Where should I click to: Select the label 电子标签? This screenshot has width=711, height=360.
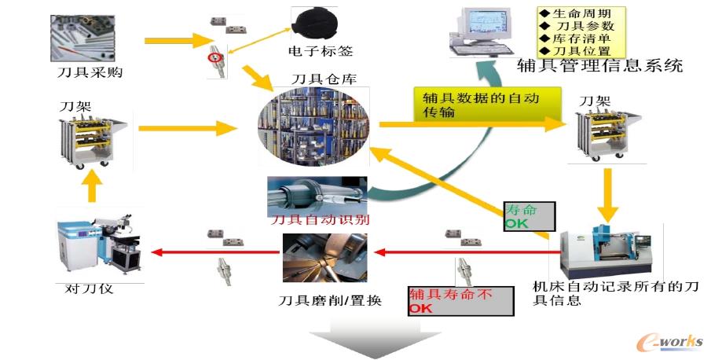tap(321, 52)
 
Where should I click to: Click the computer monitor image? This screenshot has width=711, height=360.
tap(484, 28)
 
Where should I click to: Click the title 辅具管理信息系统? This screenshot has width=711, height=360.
tap(600, 65)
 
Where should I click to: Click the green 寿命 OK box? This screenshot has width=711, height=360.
tap(529, 216)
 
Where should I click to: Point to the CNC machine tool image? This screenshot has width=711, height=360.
tap(606, 252)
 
